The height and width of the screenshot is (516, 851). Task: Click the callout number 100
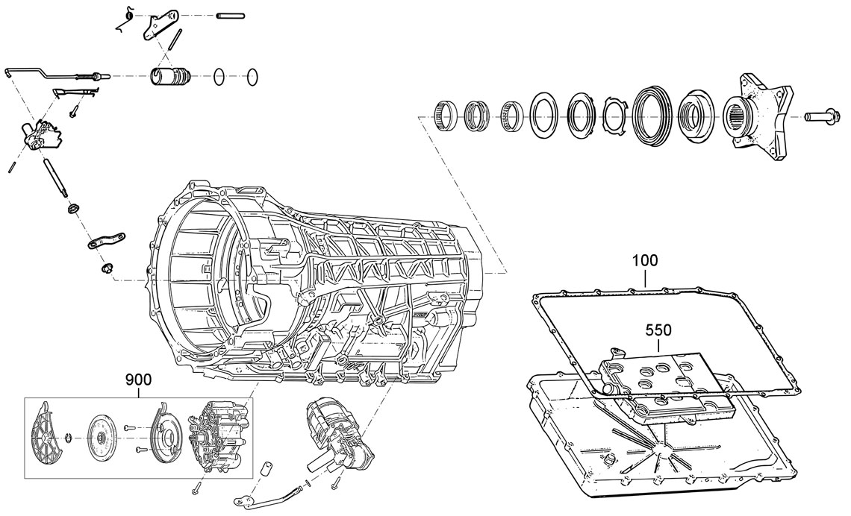click(x=645, y=261)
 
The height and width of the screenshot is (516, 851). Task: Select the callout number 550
click(x=658, y=330)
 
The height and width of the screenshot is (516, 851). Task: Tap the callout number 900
click(x=138, y=380)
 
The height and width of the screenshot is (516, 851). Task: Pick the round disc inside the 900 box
click(x=102, y=438)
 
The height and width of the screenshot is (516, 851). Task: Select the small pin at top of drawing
click(x=229, y=16)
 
